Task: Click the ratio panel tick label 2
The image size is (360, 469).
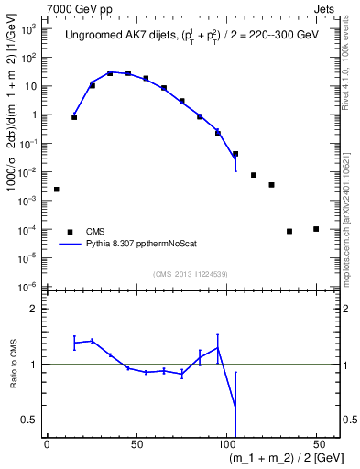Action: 35,309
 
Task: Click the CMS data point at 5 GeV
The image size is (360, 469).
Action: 57,190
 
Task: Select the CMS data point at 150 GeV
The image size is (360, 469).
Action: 316,229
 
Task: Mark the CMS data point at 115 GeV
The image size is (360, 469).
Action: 254,175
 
